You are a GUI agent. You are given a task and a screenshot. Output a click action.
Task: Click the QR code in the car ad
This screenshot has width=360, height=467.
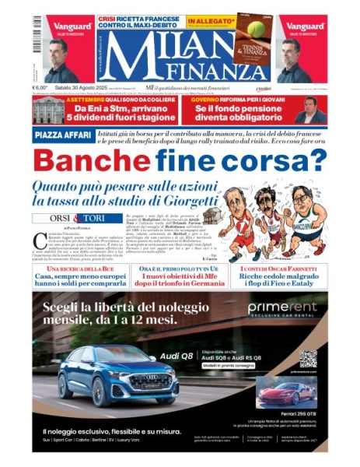coord(308,360)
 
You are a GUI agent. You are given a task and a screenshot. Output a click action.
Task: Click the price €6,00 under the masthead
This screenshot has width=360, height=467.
coord(40,89)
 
